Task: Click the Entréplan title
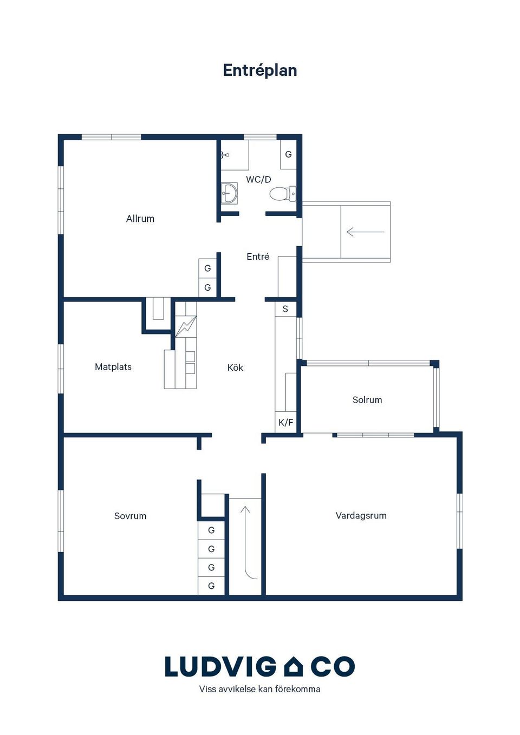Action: [x=259, y=70]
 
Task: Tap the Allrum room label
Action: [x=140, y=219]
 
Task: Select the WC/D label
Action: [x=259, y=180]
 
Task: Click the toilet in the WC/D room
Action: [x=283, y=193]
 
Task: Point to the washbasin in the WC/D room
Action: [x=229, y=193]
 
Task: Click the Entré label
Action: [x=258, y=256]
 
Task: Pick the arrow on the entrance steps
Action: [x=366, y=232]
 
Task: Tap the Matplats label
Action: [x=113, y=367]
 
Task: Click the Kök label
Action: [x=236, y=367]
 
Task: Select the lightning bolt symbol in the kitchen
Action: [x=186, y=326]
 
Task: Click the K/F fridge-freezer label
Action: [x=286, y=423]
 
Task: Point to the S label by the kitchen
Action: [x=285, y=309]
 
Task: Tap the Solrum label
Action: [x=367, y=399]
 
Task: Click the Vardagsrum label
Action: [x=361, y=515]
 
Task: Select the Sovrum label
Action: [x=131, y=516]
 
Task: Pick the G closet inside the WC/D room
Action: [x=288, y=154]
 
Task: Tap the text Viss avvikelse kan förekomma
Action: [x=259, y=690]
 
